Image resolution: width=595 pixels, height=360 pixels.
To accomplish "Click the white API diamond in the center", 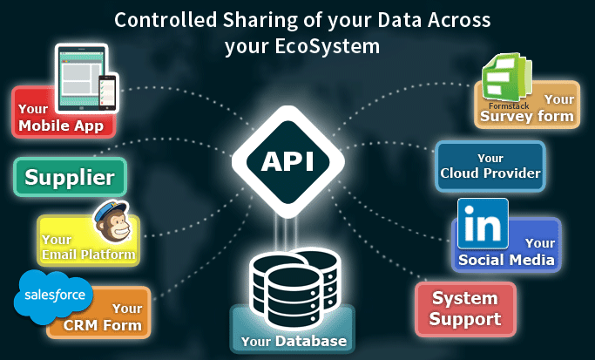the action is click(288, 162).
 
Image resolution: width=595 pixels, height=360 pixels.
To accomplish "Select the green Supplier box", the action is click(71, 177).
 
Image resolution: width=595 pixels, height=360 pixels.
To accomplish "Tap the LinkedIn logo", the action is click(483, 224).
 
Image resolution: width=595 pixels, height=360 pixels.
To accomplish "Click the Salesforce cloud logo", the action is click(53, 296).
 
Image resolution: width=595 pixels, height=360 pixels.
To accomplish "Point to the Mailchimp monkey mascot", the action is click(112, 222).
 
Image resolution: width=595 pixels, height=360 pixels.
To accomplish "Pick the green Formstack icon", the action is click(506, 78).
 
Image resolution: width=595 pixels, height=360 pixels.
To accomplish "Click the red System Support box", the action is click(465, 309).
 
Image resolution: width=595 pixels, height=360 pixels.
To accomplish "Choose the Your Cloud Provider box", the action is click(490, 166).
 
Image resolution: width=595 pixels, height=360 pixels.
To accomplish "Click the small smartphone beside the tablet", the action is click(107, 92).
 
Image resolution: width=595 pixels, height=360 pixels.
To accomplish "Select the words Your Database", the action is click(294, 341).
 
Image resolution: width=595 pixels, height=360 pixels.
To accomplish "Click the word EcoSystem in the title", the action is click(327, 46).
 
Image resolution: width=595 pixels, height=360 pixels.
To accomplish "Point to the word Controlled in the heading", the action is click(166, 20).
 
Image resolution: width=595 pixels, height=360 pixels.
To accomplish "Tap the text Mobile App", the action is click(61, 126).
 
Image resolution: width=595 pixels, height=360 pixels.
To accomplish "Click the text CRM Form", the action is click(103, 325).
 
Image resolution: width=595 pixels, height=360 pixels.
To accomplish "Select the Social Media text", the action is click(506, 260).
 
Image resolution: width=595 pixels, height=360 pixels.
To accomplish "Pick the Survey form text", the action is click(527, 116).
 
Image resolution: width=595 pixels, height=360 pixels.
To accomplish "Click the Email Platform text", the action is click(88, 254).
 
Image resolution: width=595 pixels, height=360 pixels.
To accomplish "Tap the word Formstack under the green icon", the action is click(509, 106).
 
